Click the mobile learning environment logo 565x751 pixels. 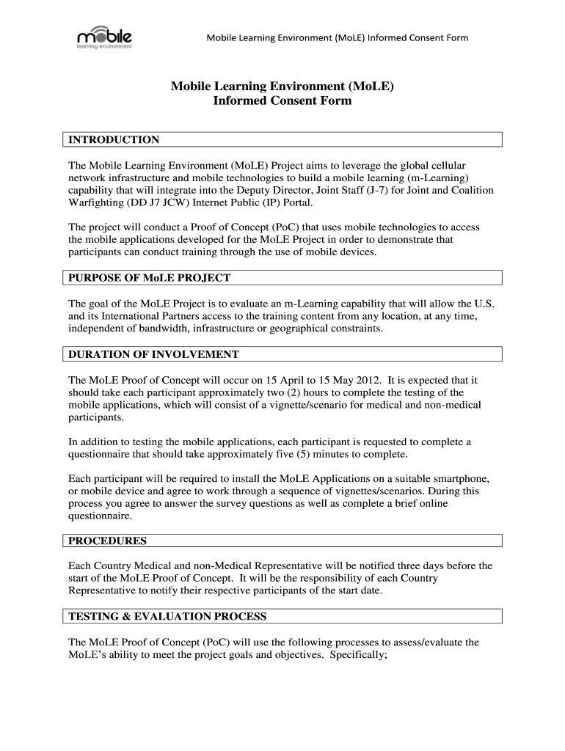pyautogui.click(x=104, y=38)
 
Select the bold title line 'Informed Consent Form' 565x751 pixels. pyautogui.click(x=282, y=101)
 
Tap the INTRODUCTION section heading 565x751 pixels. pyautogui.click(x=114, y=139)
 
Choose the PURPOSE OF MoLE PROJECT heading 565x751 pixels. pyautogui.click(x=149, y=277)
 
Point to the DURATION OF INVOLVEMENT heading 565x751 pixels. pyautogui.click(x=153, y=354)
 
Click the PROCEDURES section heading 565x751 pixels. pyautogui.click(x=107, y=541)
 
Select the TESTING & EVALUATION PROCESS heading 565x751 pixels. pyautogui.click(x=167, y=616)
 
